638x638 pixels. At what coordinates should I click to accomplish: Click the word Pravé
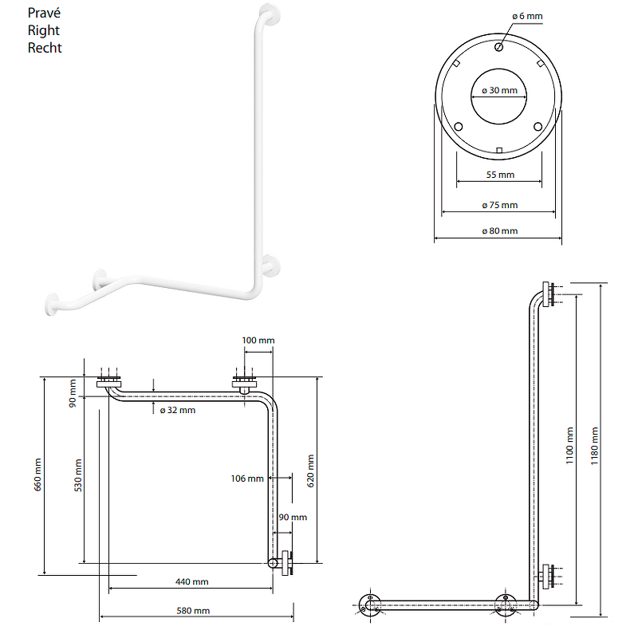[x=44, y=13]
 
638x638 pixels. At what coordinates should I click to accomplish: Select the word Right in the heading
[x=44, y=31]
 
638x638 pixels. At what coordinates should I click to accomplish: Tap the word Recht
[x=45, y=48]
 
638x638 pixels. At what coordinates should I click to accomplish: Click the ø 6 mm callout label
[x=527, y=16]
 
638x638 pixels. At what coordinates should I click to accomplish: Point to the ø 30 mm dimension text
[x=500, y=90]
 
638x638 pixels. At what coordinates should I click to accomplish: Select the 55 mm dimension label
[x=500, y=175]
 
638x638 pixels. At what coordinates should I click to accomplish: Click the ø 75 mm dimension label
[x=500, y=205]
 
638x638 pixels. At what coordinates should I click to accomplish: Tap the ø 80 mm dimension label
[x=500, y=231]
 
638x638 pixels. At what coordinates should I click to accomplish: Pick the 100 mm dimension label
[x=258, y=341]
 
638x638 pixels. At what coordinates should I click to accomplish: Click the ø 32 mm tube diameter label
[x=178, y=410]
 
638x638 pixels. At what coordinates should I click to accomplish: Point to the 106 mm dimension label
[x=247, y=478]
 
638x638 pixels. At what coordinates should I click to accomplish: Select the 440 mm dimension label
[x=191, y=582]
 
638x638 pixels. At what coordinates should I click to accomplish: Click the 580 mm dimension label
[x=193, y=611]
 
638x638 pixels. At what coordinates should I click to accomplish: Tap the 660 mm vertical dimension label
[x=37, y=475]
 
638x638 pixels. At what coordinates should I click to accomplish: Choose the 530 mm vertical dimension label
[x=77, y=475]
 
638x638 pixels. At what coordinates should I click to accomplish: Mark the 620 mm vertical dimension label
[x=310, y=471]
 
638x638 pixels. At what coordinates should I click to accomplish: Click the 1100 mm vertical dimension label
[x=569, y=446]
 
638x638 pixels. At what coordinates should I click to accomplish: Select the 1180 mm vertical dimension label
[x=594, y=446]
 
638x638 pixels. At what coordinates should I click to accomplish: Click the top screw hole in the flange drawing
[x=499, y=47]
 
